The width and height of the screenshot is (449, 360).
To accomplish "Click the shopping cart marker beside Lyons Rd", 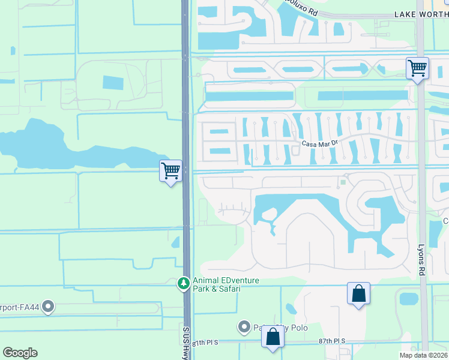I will point(417,67).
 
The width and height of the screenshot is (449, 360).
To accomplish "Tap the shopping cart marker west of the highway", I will point(171,171).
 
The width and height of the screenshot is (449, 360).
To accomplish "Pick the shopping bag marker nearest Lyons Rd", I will point(358,293).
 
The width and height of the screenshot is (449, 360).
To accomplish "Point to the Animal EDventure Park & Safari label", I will point(217,284).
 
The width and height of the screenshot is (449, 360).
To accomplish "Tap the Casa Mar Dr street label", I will point(321,144).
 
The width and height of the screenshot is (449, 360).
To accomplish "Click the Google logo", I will point(20,353).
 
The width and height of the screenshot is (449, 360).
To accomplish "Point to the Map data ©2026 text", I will point(423,355).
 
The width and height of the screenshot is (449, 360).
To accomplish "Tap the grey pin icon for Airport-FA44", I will point(49,307).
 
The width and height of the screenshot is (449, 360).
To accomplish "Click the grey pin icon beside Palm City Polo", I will point(244,327).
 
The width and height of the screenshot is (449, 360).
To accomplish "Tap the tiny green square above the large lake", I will point(343,181).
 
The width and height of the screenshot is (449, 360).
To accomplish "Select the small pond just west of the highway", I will point(175,242).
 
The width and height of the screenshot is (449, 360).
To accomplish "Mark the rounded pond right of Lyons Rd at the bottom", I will point(408,299).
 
